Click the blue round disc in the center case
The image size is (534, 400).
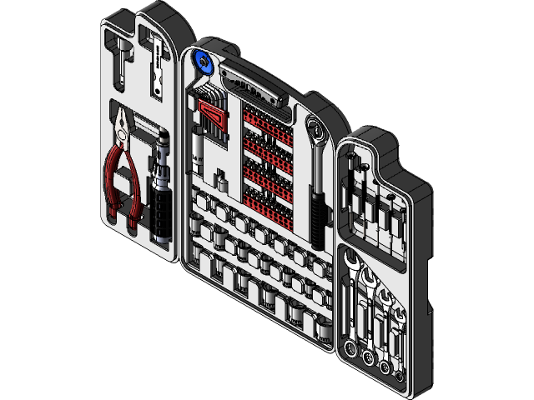(x=203, y=62)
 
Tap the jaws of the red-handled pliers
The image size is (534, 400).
(x=124, y=124)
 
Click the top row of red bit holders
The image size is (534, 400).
(x=267, y=117)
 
